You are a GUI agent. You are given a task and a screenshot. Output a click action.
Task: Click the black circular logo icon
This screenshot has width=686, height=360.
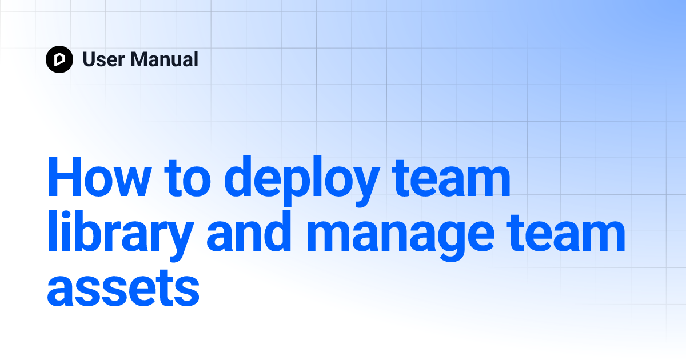[59, 59]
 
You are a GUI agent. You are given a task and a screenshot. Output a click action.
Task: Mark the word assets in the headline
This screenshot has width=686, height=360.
[123, 289]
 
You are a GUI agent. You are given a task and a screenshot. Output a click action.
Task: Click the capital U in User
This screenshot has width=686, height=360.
[89, 59]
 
